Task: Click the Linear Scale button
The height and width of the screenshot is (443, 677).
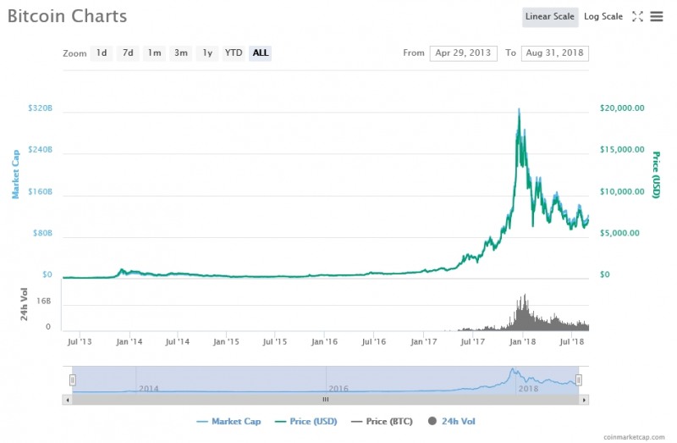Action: [x=550, y=16]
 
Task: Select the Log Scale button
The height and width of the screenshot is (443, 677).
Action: [x=603, y=16]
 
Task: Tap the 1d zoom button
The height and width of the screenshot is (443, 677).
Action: [x=102, y=53]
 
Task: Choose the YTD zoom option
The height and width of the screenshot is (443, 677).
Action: [x=234, y=53]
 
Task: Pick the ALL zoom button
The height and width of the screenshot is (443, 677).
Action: [x=261, y=53]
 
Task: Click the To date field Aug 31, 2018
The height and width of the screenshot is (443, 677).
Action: [x=555, y=53]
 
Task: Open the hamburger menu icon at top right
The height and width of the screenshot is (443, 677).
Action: [x=657, y=16]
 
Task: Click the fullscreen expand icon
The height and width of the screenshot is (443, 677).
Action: [x=638, y=16]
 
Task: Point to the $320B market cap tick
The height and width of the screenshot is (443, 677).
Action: [x=40, y=108]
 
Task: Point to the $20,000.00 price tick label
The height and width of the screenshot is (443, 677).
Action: [x=622, y=108]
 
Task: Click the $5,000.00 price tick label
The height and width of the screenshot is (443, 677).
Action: [x=622, y=233]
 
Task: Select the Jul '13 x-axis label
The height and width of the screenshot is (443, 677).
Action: [x=80, y=341]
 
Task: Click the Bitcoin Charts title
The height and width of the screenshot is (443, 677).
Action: [x=67, y=16]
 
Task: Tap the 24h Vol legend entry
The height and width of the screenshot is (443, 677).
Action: [x=458, y=421]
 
